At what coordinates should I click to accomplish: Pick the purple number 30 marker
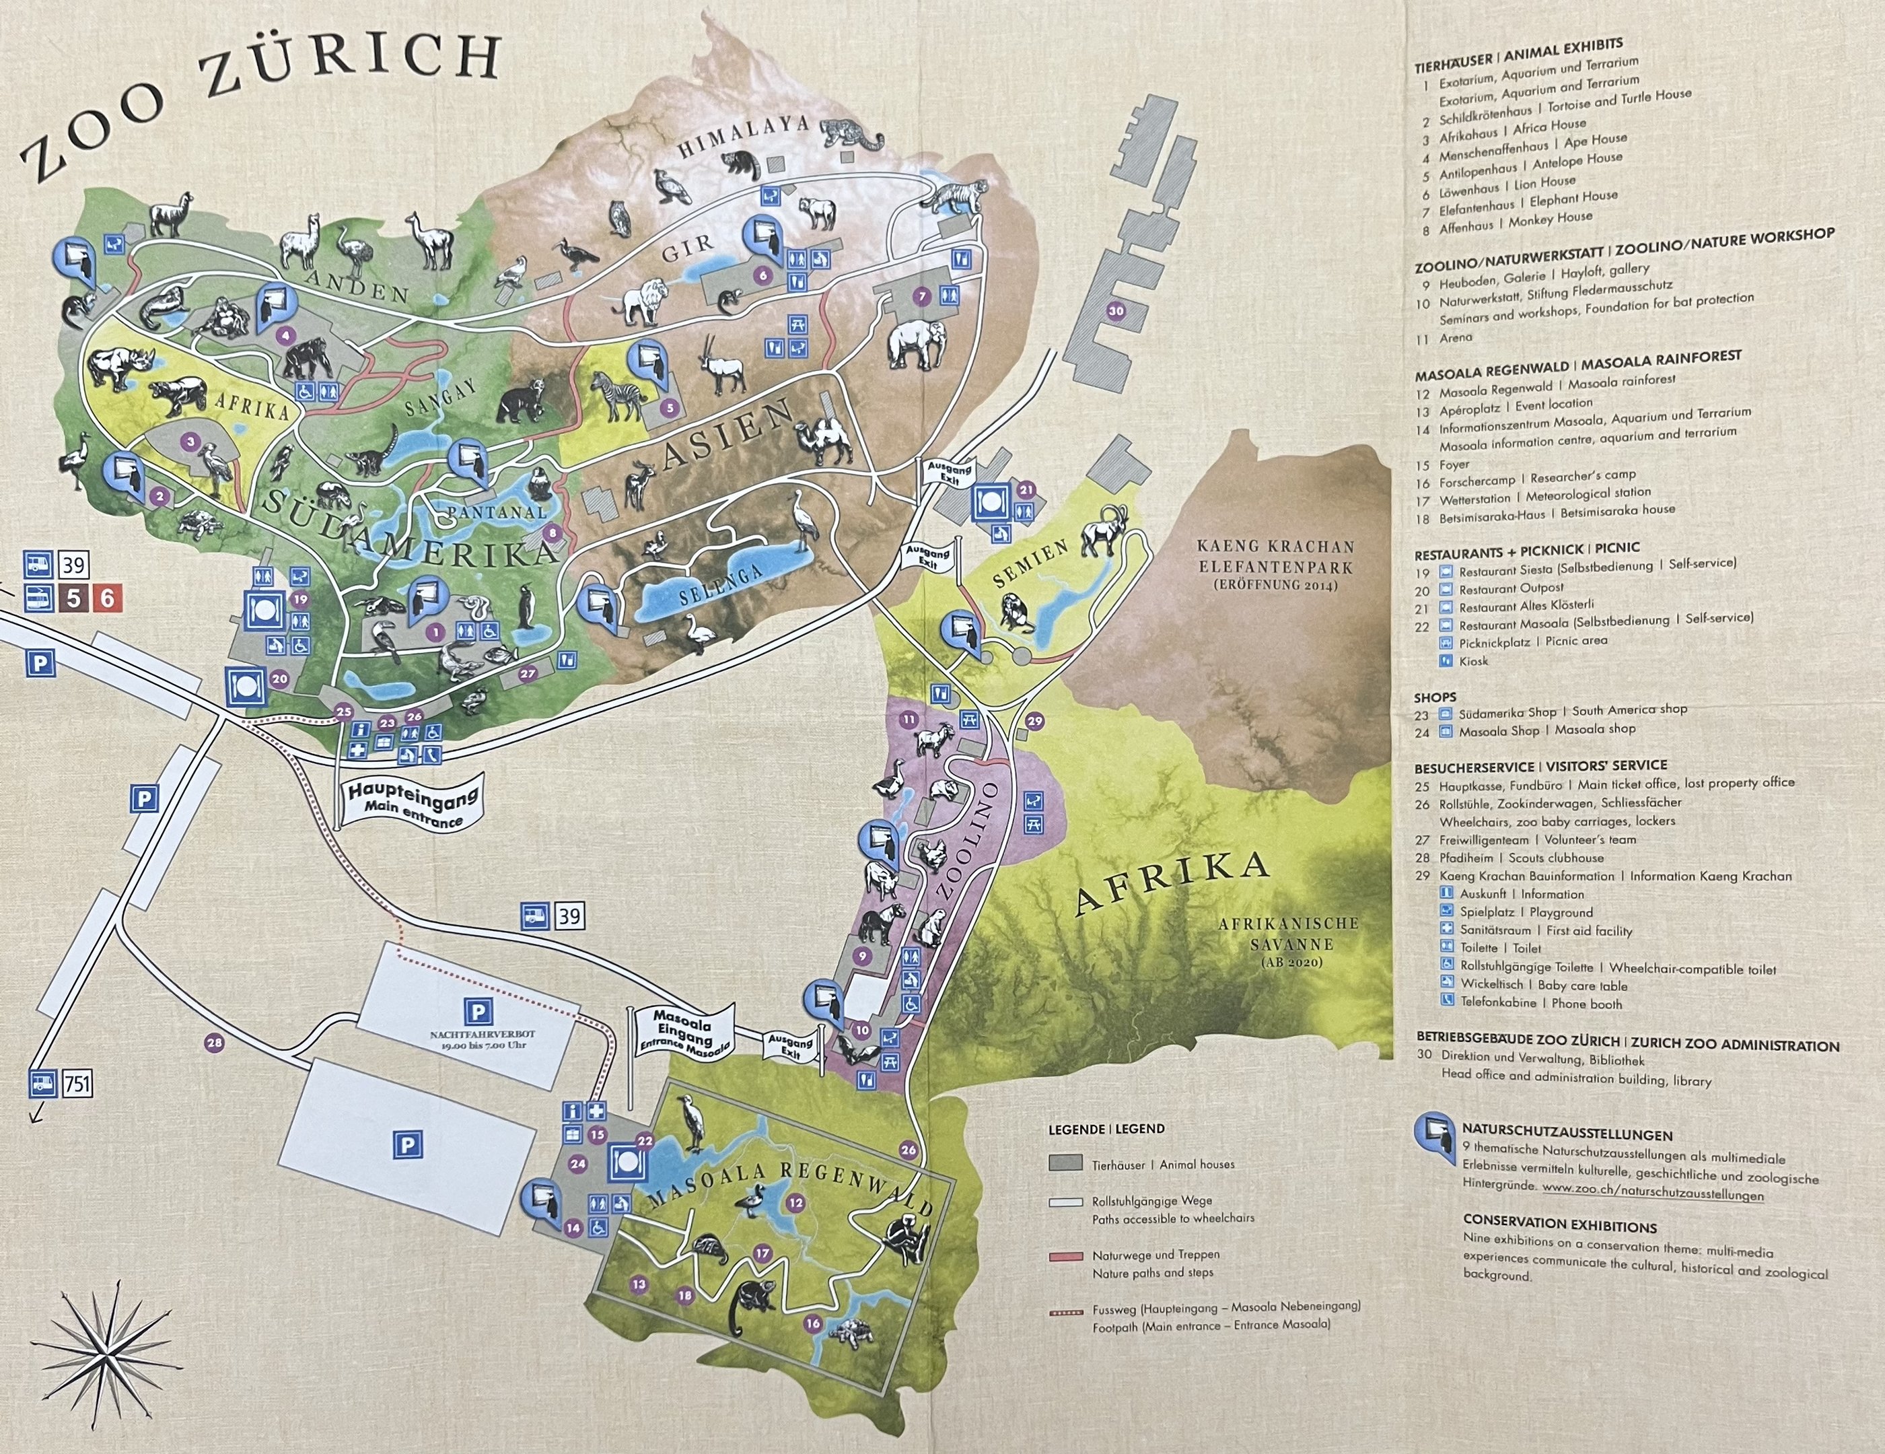[1116, 311]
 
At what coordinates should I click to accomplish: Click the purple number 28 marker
[214, 1043]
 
